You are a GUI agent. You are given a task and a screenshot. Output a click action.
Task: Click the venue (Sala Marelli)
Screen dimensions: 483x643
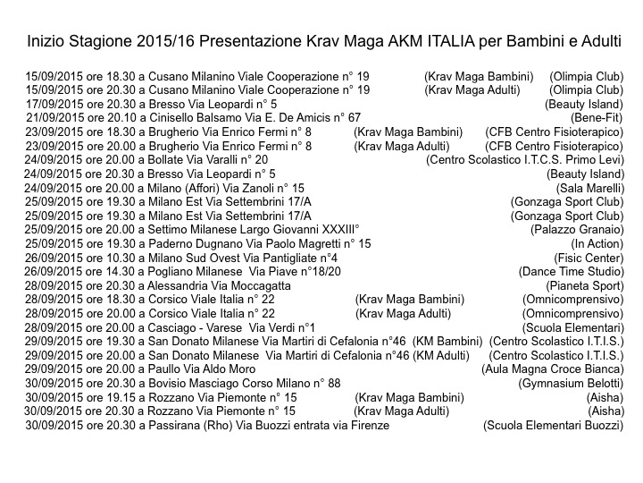(x=589, y=188)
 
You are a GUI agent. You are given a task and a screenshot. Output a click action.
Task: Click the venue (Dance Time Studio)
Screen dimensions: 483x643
(x=571, y=271)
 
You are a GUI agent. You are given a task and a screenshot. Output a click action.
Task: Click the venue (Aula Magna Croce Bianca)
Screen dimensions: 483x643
(x=552, y=369)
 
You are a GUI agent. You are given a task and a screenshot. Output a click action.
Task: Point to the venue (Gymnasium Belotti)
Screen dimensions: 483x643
(x=571, y=383)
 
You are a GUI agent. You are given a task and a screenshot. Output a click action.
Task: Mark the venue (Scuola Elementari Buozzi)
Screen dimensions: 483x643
(x=553, y=425)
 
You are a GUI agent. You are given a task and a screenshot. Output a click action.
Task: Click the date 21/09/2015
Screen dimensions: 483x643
(x=54, y=117)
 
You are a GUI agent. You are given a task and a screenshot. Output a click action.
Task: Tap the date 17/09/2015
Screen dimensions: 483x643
(x=54, y=104)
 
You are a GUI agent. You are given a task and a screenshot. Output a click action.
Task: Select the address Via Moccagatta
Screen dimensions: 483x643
(x=240, y=285)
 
